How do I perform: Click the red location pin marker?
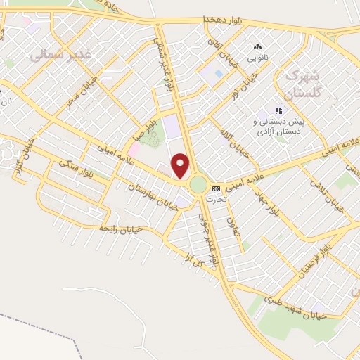pos(181,165)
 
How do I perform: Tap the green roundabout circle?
pos(198,185)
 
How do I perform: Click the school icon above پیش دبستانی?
pos(278,110)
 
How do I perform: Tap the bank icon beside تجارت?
pos(215,188)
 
